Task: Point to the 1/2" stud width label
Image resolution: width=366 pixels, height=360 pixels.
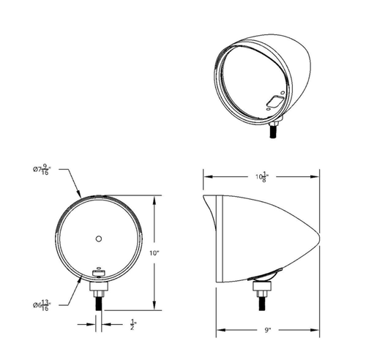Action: (x=133, y=323)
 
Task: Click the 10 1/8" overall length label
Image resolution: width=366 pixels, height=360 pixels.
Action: (x=262, y=176)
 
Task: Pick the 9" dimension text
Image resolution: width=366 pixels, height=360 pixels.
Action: (x=269, y=331)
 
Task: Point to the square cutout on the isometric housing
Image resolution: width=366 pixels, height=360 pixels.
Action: (x=276, y=101)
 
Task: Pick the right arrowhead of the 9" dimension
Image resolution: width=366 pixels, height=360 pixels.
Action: (x=321, y=331)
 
